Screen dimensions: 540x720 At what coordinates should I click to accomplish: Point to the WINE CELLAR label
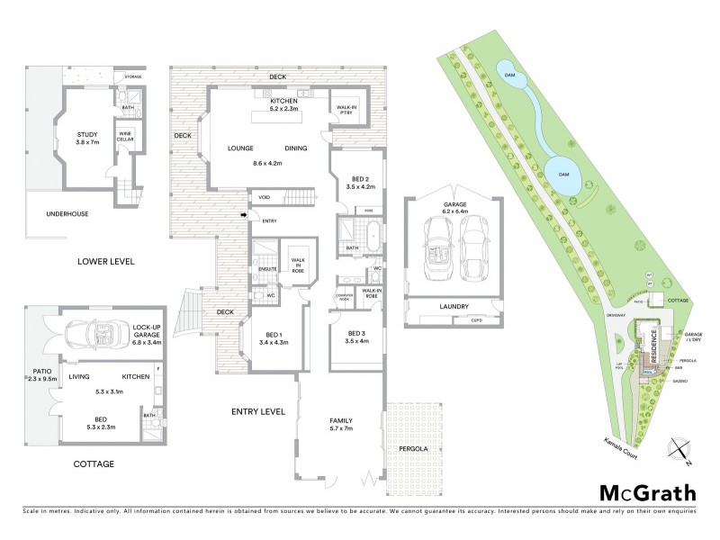tap(126, 139)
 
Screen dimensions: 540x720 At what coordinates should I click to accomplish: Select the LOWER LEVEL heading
tap(105, 262)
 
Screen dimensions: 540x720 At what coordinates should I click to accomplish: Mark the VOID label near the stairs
tap(265, 197)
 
